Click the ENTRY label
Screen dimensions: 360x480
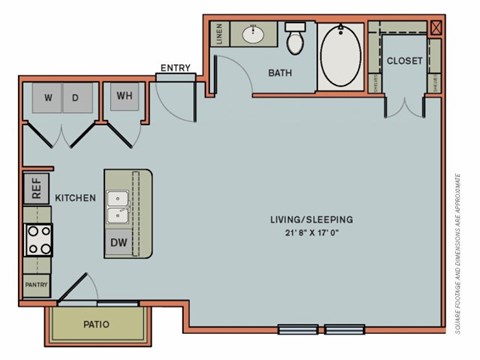coord(176,68)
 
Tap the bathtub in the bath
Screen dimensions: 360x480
coord(344,56)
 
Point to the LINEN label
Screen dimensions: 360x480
coord(219,36)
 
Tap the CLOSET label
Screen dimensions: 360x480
coord(404,61)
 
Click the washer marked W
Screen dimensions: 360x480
coord(48,98)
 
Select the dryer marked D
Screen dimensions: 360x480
coord(76,98)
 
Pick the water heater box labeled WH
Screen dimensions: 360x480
coord(125,97)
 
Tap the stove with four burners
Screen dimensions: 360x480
coord(38,240)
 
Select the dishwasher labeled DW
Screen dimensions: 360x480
coord(118,242)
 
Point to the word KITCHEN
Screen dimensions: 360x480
coord(75,198)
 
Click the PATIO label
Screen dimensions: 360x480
coord(97,325)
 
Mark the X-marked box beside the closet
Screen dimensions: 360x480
coord(435,28)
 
